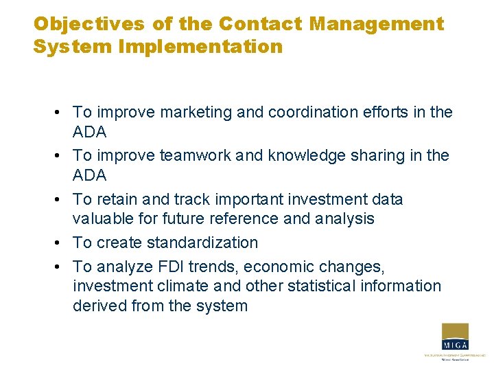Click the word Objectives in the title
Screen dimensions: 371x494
point(89,24)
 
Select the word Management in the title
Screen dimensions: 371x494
point(377,24)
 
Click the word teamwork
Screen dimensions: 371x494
point(196,156)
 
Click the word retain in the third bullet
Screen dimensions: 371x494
point(118,199)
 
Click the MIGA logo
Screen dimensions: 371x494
point(454,341)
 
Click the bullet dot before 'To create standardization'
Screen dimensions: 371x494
point(62,243)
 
